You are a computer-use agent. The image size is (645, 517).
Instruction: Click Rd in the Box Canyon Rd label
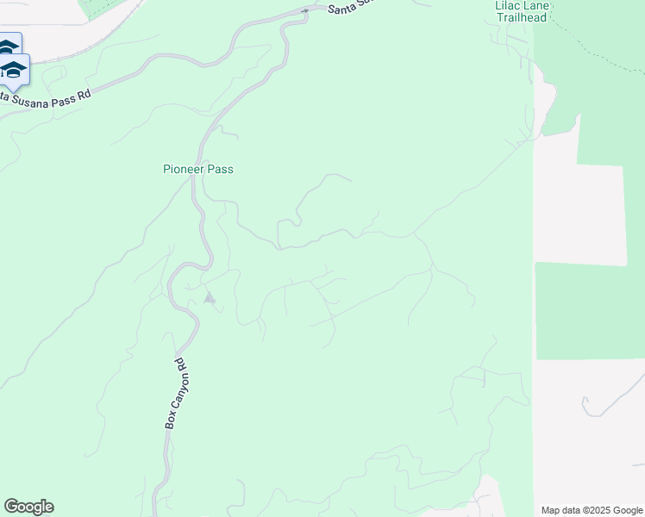pos(180,364)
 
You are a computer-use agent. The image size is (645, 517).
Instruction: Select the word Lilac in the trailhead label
pos(509,5)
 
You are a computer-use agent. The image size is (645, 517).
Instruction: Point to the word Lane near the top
pos(540,5)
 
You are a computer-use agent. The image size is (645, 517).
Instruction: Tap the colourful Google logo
pos(28,507)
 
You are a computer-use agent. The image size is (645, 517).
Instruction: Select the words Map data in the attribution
pos(561,510)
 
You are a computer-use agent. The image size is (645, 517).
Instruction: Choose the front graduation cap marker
pos(13,69)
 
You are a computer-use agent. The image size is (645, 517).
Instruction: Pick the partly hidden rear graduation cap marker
pos(9,45)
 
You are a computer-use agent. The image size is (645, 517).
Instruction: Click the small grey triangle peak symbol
pos(208,298)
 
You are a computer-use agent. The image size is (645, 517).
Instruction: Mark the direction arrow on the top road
pos(304,11)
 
